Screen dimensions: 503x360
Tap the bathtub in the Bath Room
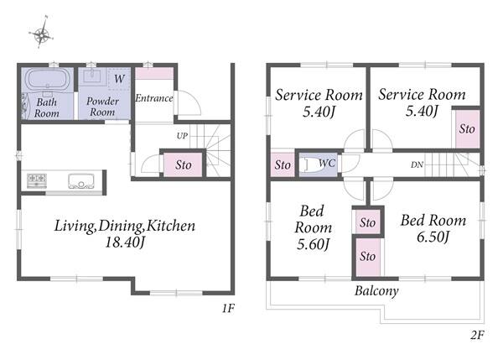tap(47, 79)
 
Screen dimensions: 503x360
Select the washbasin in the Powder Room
tap(92, 76)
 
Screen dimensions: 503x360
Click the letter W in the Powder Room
tap(119, 78)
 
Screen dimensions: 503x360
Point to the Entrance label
tap(154, 98)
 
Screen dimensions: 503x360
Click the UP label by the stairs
tap(182, 135)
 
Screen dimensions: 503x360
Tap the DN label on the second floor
tap(417, 164)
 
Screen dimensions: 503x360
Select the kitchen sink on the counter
tap(81, 181)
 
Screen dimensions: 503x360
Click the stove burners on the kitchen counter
tap(37, 180)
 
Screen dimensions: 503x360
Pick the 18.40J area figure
tap(126, 242)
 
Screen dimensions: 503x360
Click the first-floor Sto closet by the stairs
tap(183, 164)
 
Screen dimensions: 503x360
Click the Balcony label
tap(376, 290)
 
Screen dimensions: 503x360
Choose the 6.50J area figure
tap(433, 237)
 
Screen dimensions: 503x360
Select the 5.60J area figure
tap(313, 244)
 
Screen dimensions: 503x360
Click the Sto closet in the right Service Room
tap(467, 129)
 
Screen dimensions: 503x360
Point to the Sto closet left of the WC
tap(283, 164)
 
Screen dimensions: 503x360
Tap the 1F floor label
tap(228, 308)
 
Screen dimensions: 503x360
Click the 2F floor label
tap(477, 335)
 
